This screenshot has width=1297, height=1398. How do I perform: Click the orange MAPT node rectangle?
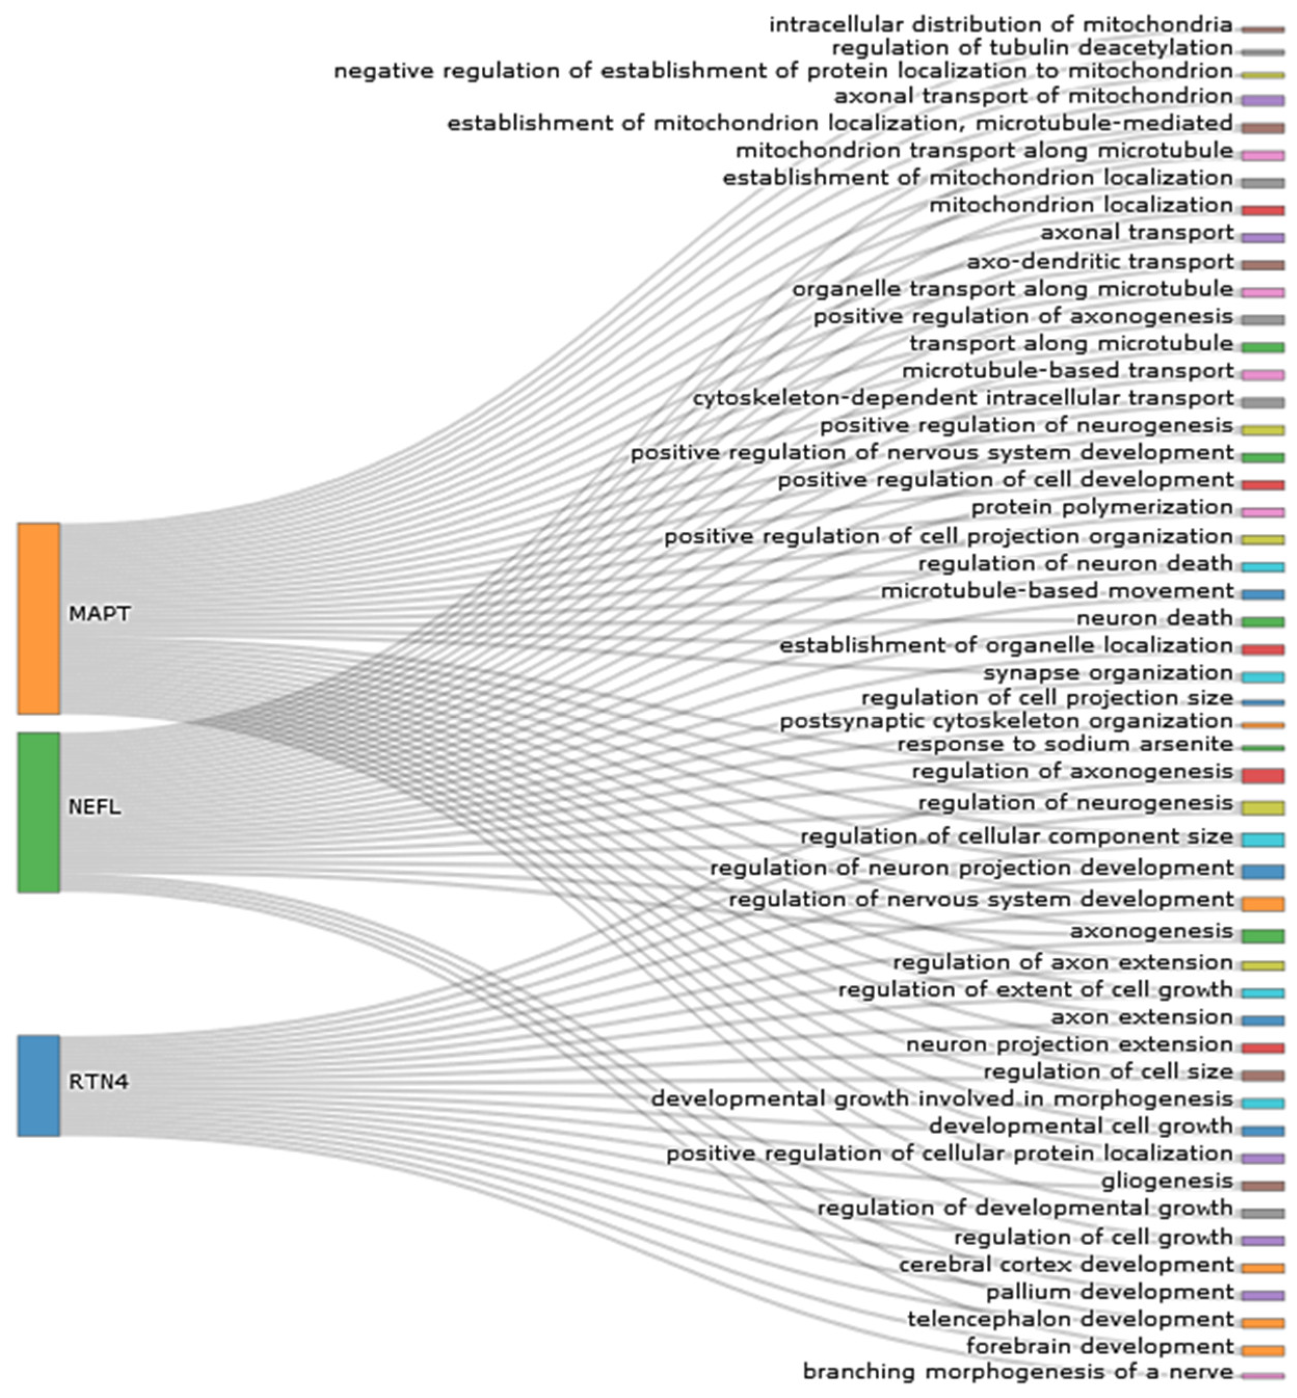click(38, 618)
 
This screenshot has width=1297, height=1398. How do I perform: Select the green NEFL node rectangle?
click(38, 812)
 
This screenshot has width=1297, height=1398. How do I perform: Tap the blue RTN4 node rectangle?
click(38, 1085)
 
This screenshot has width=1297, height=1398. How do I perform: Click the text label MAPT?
click(99, 614)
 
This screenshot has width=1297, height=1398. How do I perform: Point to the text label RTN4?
click(98, 1082)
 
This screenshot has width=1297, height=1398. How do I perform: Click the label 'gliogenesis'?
click(1167, 1181)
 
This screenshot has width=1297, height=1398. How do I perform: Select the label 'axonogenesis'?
click(1151, 931)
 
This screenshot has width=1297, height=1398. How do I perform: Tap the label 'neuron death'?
click(1155, 618)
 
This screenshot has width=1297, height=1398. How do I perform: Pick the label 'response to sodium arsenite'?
click(1065, 744)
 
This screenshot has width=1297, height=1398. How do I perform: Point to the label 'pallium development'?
click(1109, 1292)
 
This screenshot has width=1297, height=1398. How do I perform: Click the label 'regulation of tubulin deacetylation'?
click(1032, 48)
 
